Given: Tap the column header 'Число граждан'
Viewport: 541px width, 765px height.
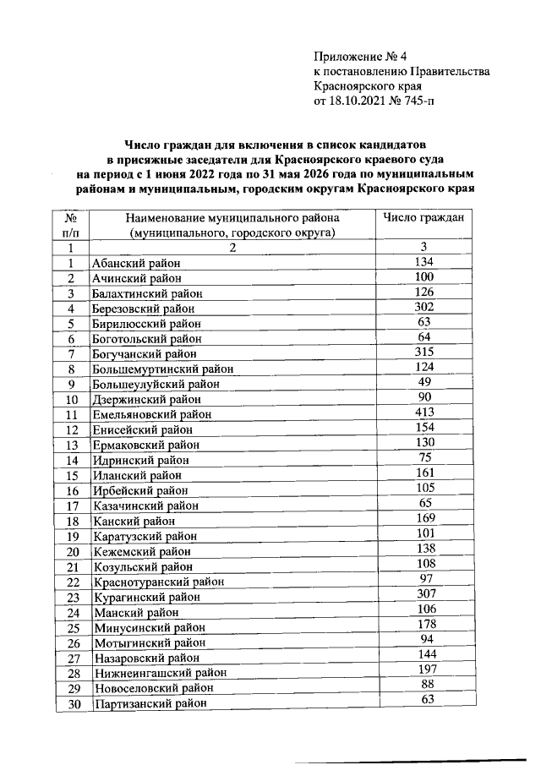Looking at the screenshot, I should pyautogui.click(x=423, y=218).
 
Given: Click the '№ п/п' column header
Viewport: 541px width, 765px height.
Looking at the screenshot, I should pyautogui.click(x=71, y=225).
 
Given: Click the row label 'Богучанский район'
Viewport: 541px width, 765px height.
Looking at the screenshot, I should pyautogui.click(x=146, y=354).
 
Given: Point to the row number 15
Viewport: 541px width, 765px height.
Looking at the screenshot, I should pyautogui.click(x=72, y=476).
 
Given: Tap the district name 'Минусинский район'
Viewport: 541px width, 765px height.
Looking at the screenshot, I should pyautogui.click(x=147, y=628).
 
